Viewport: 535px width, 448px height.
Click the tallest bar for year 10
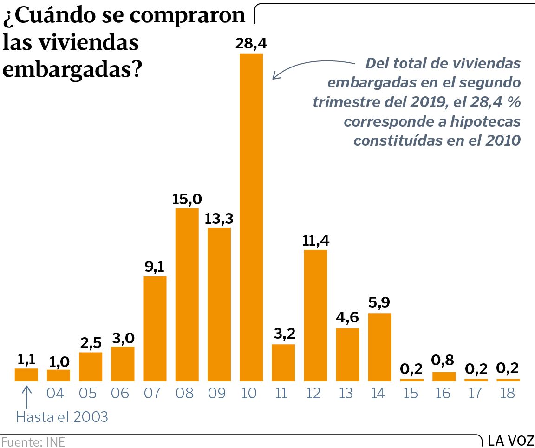tap(251, 218)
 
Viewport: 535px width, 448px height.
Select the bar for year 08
tap(187, 295)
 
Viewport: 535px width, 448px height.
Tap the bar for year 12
tap(316, 316)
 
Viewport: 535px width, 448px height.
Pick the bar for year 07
tap(155, 329)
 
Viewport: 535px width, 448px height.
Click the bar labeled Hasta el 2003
tap(26, 375)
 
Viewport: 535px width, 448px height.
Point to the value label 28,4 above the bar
tap(251, 44)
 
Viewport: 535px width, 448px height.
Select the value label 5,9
tap(380, 303)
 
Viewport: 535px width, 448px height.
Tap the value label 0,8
tap(444, 361)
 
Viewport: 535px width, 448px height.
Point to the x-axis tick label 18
tap(508, 394)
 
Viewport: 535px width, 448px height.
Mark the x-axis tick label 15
tap(411, 394)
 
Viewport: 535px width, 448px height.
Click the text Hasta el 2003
tap(62, 417)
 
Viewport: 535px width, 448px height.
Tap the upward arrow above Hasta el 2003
tap(26, 396)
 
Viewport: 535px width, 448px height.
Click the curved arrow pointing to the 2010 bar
tap(307, 65)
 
